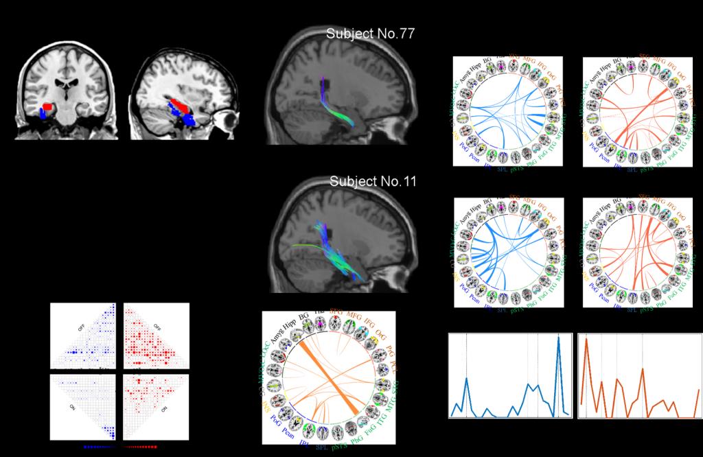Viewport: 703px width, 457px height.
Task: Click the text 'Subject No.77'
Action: [371, 34]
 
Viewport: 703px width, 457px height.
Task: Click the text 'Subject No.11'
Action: [373, 182]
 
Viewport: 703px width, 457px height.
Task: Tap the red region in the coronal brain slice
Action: [47, 108]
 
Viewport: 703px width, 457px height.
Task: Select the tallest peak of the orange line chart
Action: [587, 341]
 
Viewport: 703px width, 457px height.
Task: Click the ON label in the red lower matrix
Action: [164, 410]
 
